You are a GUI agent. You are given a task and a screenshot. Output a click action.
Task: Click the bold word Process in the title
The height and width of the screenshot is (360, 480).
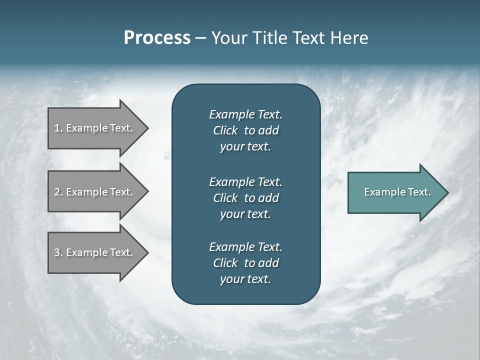coord(157,38)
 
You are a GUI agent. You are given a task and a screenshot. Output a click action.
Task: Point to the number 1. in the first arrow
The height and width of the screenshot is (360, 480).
coord(58,128)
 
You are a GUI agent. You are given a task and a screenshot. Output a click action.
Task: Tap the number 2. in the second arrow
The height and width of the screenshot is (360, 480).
coord(58,192)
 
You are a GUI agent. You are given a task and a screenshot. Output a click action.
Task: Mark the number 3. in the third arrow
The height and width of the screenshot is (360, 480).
coord(58,252)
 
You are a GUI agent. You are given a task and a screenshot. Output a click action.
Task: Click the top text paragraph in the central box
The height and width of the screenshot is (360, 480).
coord(245,130)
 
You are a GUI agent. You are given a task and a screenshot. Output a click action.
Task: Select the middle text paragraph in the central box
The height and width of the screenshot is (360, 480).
coord(245,197)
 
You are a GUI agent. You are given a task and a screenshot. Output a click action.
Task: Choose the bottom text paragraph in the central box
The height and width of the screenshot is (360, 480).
coord(245,263)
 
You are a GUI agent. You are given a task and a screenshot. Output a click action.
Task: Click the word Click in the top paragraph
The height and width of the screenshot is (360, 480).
coord(225,130)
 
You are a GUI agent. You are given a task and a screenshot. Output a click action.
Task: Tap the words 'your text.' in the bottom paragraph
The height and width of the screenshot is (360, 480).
coord(245,279)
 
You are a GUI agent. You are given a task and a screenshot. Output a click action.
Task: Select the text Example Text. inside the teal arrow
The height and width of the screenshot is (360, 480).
coord(397,192)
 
